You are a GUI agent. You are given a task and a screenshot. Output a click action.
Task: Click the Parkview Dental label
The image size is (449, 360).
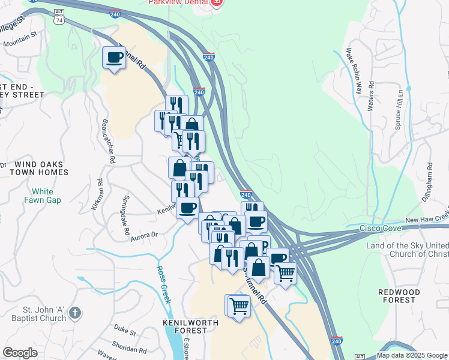(178, 3)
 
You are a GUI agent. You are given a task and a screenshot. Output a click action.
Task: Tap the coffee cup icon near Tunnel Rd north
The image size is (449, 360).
(114, 58)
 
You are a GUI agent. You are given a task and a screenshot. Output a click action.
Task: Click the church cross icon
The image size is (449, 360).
(74, 313)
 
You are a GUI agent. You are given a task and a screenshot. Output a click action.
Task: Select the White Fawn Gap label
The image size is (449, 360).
(42, 196)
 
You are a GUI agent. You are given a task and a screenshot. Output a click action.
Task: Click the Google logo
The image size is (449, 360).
(20, 352)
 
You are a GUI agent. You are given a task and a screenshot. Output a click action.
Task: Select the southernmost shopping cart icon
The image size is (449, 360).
(238, 306)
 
